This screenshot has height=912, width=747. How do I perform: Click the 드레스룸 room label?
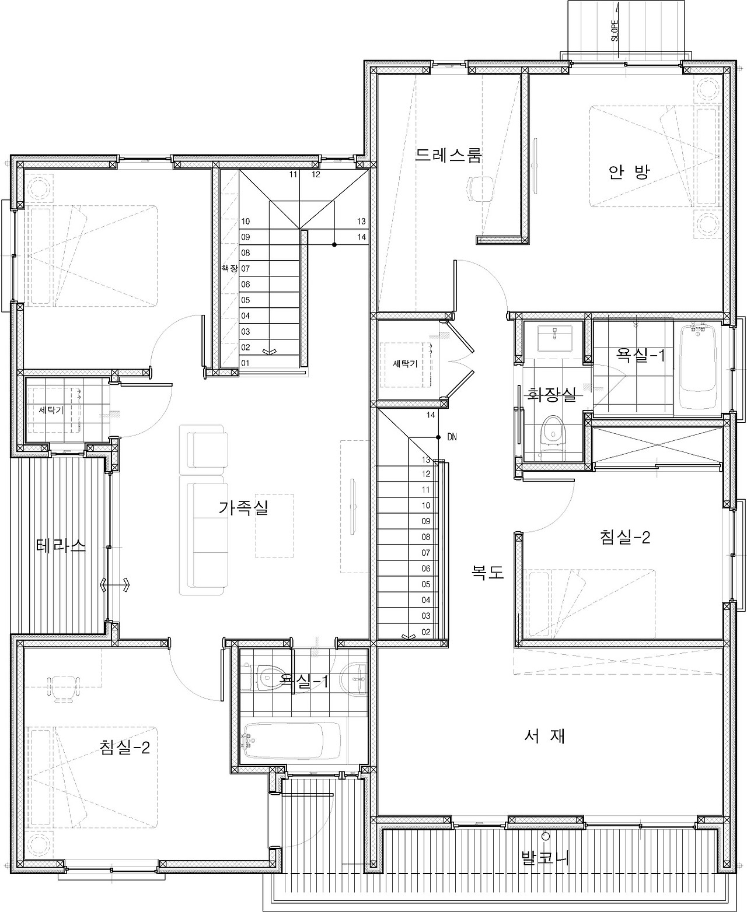[448, 155]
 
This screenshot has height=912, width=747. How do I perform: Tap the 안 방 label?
[629, 172]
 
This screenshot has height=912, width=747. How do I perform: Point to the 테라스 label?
[61, 545]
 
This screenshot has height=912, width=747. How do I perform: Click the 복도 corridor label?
[487, 572]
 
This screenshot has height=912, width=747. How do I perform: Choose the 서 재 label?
[544, 735]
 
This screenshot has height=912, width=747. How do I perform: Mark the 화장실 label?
[551, 394]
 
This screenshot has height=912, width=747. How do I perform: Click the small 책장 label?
[229, 268]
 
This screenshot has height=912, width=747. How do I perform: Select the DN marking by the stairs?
[452, 437]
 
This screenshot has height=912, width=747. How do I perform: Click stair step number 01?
[245, 363]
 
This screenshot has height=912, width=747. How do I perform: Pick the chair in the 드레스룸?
[480, 188]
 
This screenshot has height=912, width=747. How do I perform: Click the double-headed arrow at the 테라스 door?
[115, 585]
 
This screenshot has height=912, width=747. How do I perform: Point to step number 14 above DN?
[430, 415]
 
